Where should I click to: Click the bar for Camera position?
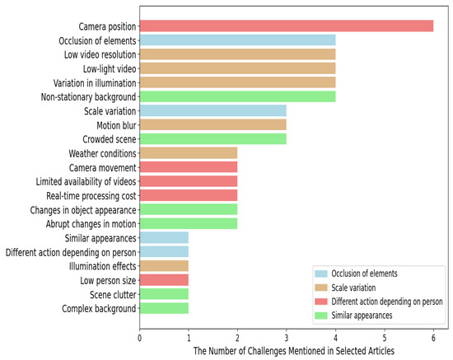[x=286, y=26]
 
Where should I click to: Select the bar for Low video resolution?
[x=237, y=54]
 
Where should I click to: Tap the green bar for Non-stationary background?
[x=237, y=96]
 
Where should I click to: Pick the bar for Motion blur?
[x=212, y=124]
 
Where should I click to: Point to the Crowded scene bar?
[x=212, y=138]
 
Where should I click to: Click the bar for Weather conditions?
[x=188, y=153]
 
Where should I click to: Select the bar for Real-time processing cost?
[x=188, y=195]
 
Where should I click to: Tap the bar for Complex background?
[x=164, y=308]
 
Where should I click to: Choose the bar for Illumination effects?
[x=164, y=265]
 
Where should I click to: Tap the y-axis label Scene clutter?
[x=106, y=294]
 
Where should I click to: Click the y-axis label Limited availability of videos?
[x=80, y=181]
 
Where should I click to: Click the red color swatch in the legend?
[x=320, y=302]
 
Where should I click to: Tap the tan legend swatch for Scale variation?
[x=320, y=287]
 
